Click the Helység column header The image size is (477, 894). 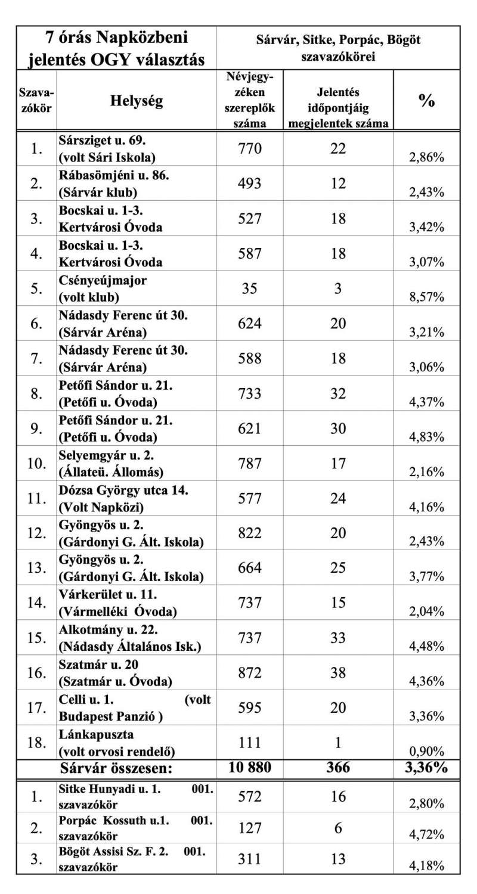(136, 101)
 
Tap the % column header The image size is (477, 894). (426, 101)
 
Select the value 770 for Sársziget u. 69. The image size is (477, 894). (250, 148)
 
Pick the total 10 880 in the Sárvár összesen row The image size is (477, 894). (250, 767)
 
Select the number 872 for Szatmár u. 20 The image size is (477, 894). (250, 673)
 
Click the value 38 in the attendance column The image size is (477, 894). (337, 673)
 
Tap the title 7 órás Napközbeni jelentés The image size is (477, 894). (117, 48)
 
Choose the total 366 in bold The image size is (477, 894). (337, 767)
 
